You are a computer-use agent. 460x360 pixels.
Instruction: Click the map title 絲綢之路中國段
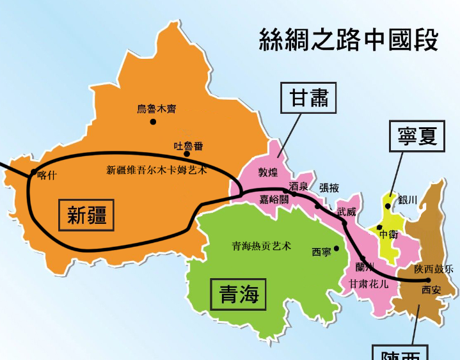(x=349, y=40)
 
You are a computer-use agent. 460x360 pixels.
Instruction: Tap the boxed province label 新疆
(x=87, y=215)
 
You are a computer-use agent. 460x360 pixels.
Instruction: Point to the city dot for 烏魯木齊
(x=153, y=121)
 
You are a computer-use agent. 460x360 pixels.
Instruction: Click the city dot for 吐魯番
(x=187, y=153)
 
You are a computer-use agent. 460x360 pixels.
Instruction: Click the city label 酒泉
(x=299, y=186)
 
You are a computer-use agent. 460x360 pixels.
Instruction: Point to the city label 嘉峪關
(x=274, y=200)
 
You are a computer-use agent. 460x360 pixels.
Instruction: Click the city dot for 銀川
(x=388, y=206)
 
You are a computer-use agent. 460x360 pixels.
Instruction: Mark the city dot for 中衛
(x=379, y=227)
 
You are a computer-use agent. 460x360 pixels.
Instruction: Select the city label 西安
(x=431, y=290)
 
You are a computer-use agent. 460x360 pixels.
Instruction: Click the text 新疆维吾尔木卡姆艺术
(x=157, y=170)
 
